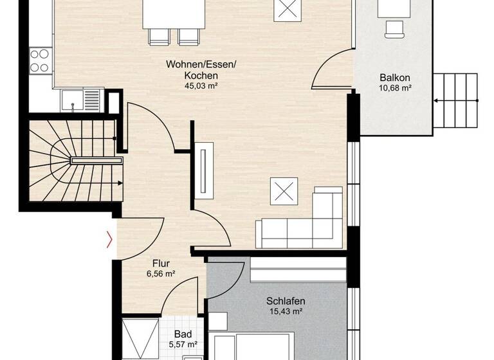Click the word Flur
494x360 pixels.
161,262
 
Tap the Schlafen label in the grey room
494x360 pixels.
286,301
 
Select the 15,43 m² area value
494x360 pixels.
286,311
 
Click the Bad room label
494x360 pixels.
183,335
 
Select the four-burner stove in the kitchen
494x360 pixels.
40,60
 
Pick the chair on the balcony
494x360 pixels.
395,28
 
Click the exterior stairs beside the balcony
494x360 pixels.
457,100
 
